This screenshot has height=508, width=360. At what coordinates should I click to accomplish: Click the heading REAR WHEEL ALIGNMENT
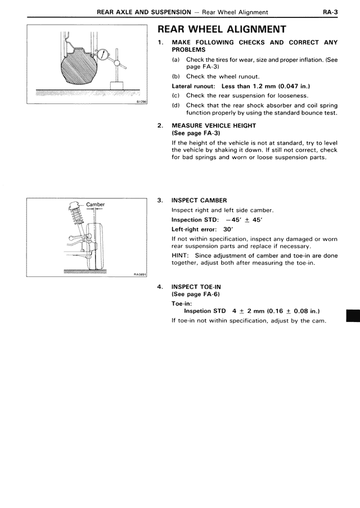(222, 29)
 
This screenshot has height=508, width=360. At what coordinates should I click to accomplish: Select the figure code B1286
(141, 101)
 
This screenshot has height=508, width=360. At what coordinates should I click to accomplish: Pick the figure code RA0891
(139, 274)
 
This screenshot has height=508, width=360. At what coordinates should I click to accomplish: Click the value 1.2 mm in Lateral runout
(259, 86)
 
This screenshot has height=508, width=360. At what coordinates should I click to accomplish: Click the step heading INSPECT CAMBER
(199, 200)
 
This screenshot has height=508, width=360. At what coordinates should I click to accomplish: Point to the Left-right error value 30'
(228, 229)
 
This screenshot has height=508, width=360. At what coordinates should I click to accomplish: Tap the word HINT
(182, 255)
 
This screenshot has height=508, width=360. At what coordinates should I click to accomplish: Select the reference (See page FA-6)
(195, 294)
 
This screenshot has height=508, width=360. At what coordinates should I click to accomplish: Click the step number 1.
(161, 42)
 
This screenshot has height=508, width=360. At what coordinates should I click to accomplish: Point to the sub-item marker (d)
(176, 105)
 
